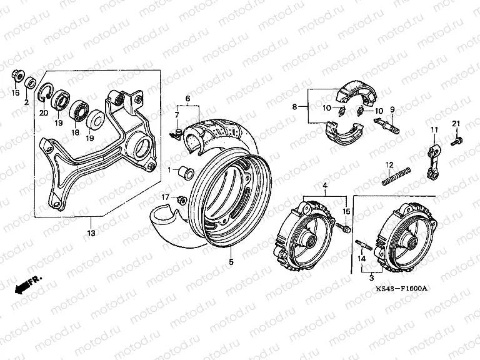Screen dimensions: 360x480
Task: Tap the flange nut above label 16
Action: point(15,77)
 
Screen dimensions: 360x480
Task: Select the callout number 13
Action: point(91,233)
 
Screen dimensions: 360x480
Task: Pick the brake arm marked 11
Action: point(433,162)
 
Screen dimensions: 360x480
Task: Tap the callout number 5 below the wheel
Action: point(231,262)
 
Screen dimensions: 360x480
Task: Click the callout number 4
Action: point(325,186)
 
